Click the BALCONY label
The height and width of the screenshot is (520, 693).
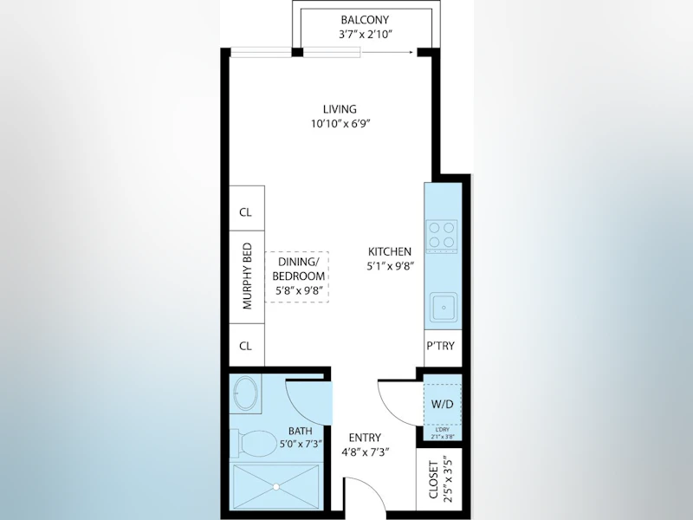point(365,20)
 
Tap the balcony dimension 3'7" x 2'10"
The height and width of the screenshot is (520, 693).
point(366,35)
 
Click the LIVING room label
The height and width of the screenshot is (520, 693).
point(340,109)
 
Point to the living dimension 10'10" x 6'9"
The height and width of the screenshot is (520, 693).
point(340,124)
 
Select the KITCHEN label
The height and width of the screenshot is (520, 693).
point(390,251)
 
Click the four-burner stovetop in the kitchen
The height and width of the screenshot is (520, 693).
point(442,236)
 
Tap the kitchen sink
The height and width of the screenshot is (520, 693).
point(444,307)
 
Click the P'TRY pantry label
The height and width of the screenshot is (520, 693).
point(441,346)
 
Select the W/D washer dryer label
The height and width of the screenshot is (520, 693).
point(443,404)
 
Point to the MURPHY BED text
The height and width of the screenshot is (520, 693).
point(247,276)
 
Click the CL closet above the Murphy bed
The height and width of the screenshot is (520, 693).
point(246,212)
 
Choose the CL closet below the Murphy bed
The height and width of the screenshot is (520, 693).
point(246,346)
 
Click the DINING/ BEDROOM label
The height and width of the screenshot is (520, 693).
point(299,269)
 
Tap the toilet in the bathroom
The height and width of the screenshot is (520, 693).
point(257,444)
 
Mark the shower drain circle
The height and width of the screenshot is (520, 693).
point(276,487)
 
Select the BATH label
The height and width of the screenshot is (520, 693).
point(301,431)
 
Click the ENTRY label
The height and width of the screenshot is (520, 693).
point(365,438)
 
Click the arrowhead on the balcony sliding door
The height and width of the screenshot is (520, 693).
point(411,52)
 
